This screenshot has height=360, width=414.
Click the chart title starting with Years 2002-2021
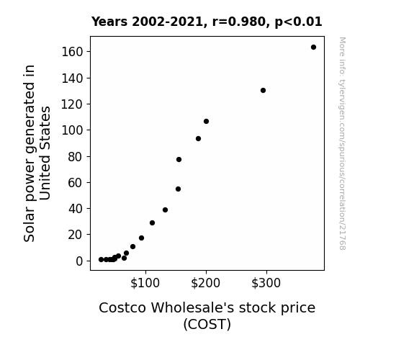coord(207,22)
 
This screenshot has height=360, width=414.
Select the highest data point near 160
coord(313,48)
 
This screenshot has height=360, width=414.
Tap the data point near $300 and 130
coord(263,90)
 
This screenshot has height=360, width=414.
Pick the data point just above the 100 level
coord(206,121)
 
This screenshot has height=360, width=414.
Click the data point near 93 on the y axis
coord(198,139)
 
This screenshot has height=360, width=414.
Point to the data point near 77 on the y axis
coord(179,160)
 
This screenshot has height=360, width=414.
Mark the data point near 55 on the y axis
coord(179,189)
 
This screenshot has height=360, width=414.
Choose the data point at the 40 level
coord(166,210)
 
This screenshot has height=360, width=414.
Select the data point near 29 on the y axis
coord(152,223)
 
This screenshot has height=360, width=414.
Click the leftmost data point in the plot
coord(101,260)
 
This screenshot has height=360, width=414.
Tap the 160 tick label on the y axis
coord(72,52)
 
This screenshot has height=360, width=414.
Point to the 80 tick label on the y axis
coord(76,157)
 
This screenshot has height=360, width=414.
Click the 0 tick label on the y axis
coord(79,261)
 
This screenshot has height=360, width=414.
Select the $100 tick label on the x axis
coord(145,283)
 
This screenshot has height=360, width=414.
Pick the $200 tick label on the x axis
coord(206,283)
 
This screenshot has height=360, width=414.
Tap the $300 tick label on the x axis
coord(266,283)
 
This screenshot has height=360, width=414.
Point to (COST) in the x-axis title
coord(207,324)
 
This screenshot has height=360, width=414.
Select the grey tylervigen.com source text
coord(342,143)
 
